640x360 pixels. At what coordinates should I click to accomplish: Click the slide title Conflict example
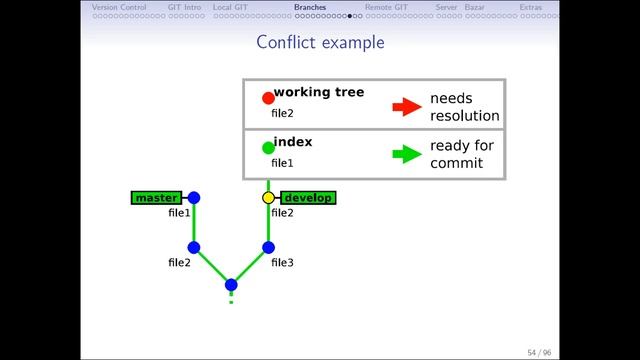pyautogui.click(x=320, y=42)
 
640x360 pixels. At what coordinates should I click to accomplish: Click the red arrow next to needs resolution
pyautogui.click(x=406, y=107)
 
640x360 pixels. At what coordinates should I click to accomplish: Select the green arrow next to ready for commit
pyautogui.click(x=406, y=154)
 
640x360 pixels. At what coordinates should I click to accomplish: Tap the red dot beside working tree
pyautogui.click(x=268, y=98)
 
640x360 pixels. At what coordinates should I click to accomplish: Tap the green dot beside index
pyautogui.click(x=268, y=148)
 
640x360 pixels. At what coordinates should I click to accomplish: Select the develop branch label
pyautogui.click(x=308, y=198)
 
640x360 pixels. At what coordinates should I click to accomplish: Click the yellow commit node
pyautogui.click(x=268, y=198)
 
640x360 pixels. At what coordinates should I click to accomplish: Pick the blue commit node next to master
pyautogui.click(x=194, y=198)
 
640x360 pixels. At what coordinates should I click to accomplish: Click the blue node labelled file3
pyautogui.click(x=268, y=247)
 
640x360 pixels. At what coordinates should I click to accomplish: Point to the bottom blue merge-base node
pyautogui.click(x=231, y=284)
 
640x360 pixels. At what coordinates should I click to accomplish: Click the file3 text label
pyautogui.click(x=282, y=263)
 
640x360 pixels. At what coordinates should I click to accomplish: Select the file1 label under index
pyautogui.click(x=282, y=163)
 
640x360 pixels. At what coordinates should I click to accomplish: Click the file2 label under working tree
pyautogui.click(x=282, y=114)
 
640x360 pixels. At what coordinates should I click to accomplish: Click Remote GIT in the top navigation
pyautogui.click(x=385, y=7)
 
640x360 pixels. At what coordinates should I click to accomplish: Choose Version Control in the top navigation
pyautogui.click(x=118, y=7)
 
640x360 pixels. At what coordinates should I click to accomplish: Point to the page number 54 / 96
pyautogui.click(x=538, y=352)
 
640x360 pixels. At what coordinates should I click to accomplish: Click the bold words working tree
pyautogui.click(x=318, y=93)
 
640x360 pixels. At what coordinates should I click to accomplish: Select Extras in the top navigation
pyautogui.click(x=531, y=7)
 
